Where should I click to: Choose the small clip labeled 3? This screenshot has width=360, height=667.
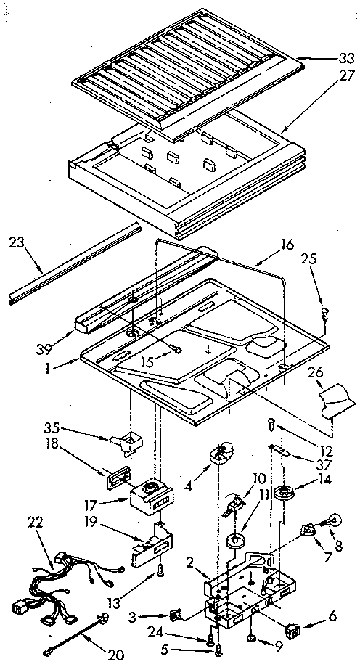pos(175,615)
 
